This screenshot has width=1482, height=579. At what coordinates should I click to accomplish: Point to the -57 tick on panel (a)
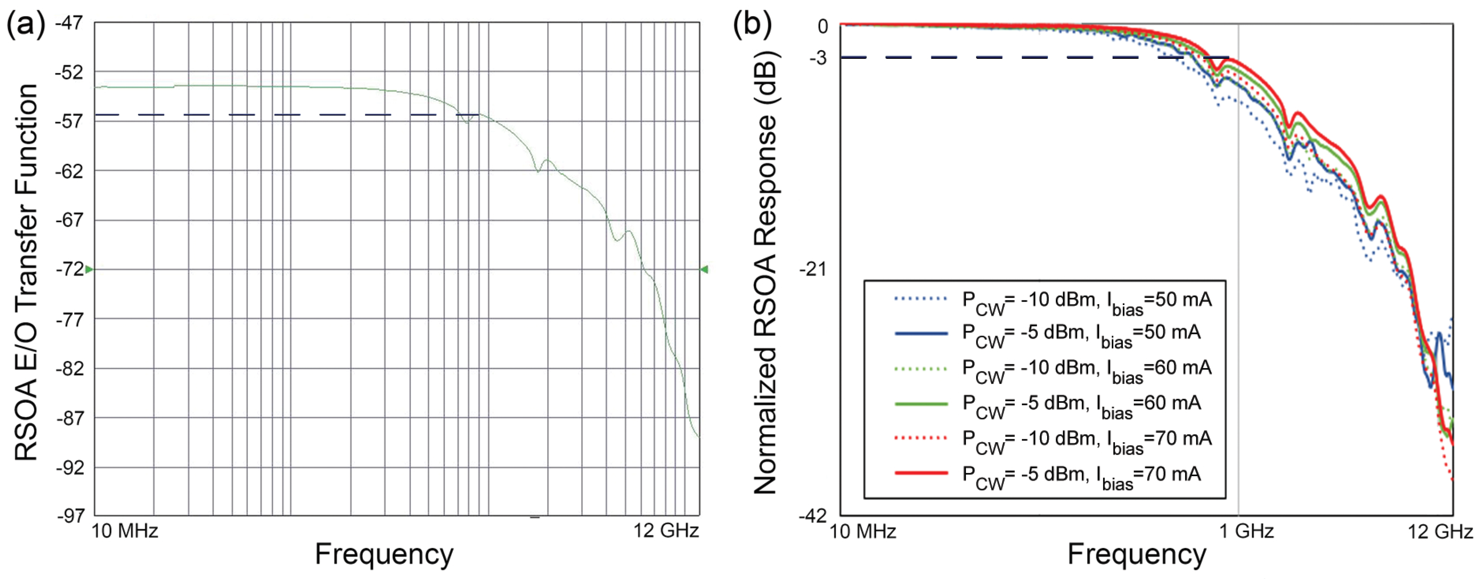(69, 121)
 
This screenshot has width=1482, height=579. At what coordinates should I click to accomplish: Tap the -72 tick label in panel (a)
(69, 269)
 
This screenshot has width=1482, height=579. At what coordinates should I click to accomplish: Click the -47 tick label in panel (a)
(69, 23)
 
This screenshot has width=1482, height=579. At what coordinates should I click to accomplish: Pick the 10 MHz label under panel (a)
(125, 531)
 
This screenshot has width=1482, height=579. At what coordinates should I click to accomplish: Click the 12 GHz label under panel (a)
(666, 531)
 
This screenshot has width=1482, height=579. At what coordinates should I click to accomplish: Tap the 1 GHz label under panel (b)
(1246, 531)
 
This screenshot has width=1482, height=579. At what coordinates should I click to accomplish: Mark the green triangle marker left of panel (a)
(89, 269)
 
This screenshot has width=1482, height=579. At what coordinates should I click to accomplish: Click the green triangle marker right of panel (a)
(704, 269)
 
